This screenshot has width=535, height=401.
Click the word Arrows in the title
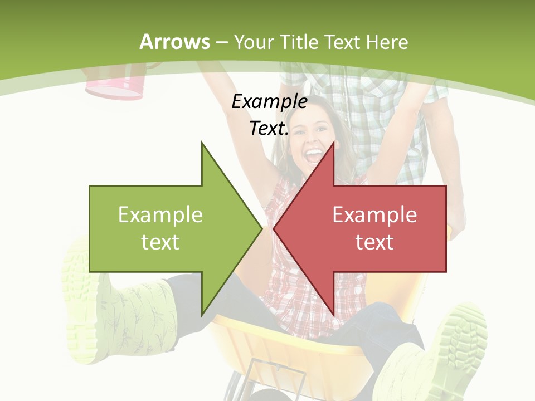coord(174,42)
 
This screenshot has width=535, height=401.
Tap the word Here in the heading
coord(387,42)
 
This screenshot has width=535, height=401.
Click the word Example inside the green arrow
coord(160,214)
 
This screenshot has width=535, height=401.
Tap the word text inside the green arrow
coord(160,242)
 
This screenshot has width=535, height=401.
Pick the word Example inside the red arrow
coord(374,214)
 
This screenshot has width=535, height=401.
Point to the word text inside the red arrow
coord(374,242)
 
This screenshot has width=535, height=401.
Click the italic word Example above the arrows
coord(270,101)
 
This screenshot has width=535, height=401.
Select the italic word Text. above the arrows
coord(269,128)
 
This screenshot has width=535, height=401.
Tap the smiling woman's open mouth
coord(314,153)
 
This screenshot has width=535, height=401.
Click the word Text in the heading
coord(342,42)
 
